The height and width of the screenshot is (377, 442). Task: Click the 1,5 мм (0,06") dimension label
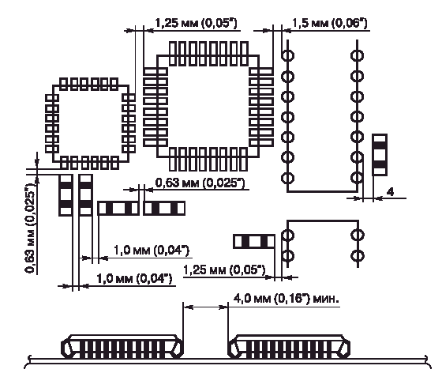coord(330,23)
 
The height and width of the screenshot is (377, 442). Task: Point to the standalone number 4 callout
coord(390,192)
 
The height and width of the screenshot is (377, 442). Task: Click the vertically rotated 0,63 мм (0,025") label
coord(31,228)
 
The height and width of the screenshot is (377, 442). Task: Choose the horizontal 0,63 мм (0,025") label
coord(200,183)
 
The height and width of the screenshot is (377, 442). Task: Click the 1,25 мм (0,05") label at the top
coord(197,23)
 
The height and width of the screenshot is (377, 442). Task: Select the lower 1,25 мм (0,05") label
coord(224,270)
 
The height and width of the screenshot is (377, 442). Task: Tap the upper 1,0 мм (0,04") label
coord(152,251)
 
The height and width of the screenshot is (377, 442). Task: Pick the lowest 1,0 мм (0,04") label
coord(134,279)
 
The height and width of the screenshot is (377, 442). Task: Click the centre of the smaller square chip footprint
coord(90,123)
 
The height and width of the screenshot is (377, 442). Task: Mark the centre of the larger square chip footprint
coord(208,106)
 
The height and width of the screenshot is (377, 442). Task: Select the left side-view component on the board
coord(122,347)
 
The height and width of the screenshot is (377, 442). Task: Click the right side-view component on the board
coord(289,347)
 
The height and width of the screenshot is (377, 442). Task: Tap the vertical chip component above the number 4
coord(380,155)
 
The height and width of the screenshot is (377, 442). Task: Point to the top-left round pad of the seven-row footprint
coord(287,55)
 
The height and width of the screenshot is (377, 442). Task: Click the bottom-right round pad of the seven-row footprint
coord(357,178)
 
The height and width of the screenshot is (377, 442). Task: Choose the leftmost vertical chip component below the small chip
coord(66,195)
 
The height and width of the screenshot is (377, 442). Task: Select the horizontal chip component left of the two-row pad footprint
coord(254,242)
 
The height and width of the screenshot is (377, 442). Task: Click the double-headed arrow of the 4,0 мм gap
coord(205,307)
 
